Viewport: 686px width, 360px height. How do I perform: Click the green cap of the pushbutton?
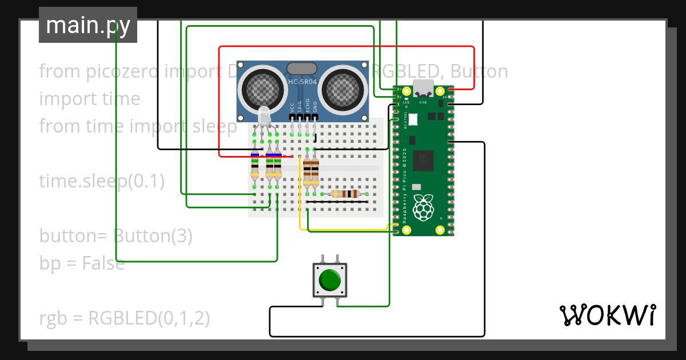click(329, 280)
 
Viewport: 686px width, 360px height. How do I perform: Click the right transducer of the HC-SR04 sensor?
click(341, 88)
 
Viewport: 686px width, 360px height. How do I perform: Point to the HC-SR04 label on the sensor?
click(302, 82)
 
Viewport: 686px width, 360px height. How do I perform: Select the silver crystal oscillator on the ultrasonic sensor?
click(302, 69)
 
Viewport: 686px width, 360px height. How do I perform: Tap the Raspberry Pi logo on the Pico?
click(423, 208)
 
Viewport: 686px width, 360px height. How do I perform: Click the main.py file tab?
click(88, 25)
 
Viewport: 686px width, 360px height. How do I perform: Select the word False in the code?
click(103, 263)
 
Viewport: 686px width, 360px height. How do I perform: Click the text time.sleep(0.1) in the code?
click(102, 181)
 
